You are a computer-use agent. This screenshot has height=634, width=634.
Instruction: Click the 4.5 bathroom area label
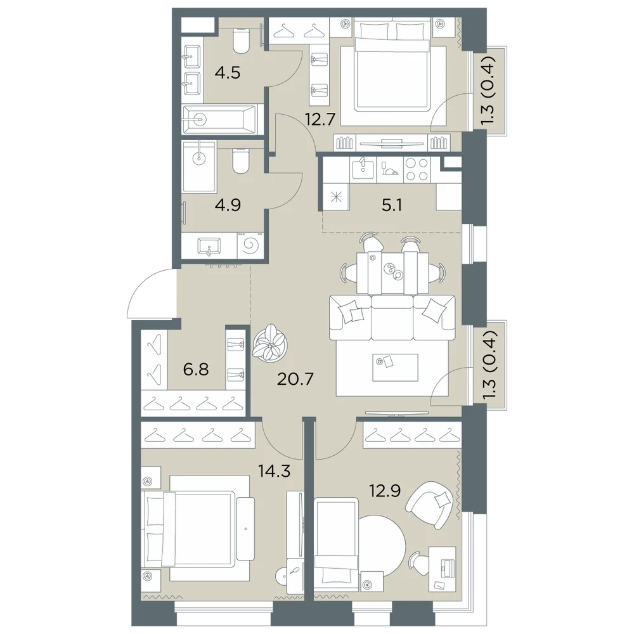[x=228, y=73]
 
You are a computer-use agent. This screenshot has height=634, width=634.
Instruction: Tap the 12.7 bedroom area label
[x=320, y=120]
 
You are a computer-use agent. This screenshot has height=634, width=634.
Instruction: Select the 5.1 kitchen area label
[x=392, y=206]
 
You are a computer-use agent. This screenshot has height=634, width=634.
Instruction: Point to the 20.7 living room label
[x=295, y=379]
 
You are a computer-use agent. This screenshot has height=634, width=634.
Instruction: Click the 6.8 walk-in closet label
[x=196, y=369]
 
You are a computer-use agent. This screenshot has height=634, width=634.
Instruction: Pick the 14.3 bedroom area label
[x=275, y=471]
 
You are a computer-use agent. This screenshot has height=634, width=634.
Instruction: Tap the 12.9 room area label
[x=385, y=491]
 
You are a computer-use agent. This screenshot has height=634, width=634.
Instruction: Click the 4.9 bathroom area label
[x=228, y=205]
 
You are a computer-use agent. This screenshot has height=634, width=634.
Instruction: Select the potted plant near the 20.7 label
[x=269, y=342]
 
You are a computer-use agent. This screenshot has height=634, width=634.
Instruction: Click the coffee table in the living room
[x=395, y=367]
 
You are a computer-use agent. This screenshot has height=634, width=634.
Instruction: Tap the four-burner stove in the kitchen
[x=417, y=169]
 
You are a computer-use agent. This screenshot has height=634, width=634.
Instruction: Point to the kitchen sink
[x=363, y=169]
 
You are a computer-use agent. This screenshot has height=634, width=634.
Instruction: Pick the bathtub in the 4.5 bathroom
[x=219, y=119]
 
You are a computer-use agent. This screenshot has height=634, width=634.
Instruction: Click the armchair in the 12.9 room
[x=430, y=505]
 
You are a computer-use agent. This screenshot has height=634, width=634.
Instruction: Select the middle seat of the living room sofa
[x=392, y=318]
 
